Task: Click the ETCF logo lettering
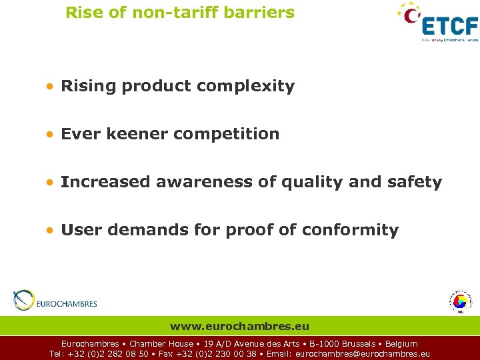(x=451, y=25)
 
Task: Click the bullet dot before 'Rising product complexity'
(x=51, y=87)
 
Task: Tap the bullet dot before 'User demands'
(x=51, y=231)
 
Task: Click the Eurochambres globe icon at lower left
(x=23, y=301)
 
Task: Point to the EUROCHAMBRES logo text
(x=67, y=304)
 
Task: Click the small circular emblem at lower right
(x=459, y=301)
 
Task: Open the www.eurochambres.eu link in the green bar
(x=239, y=326)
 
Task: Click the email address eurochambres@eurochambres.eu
(x=362, y=354)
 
